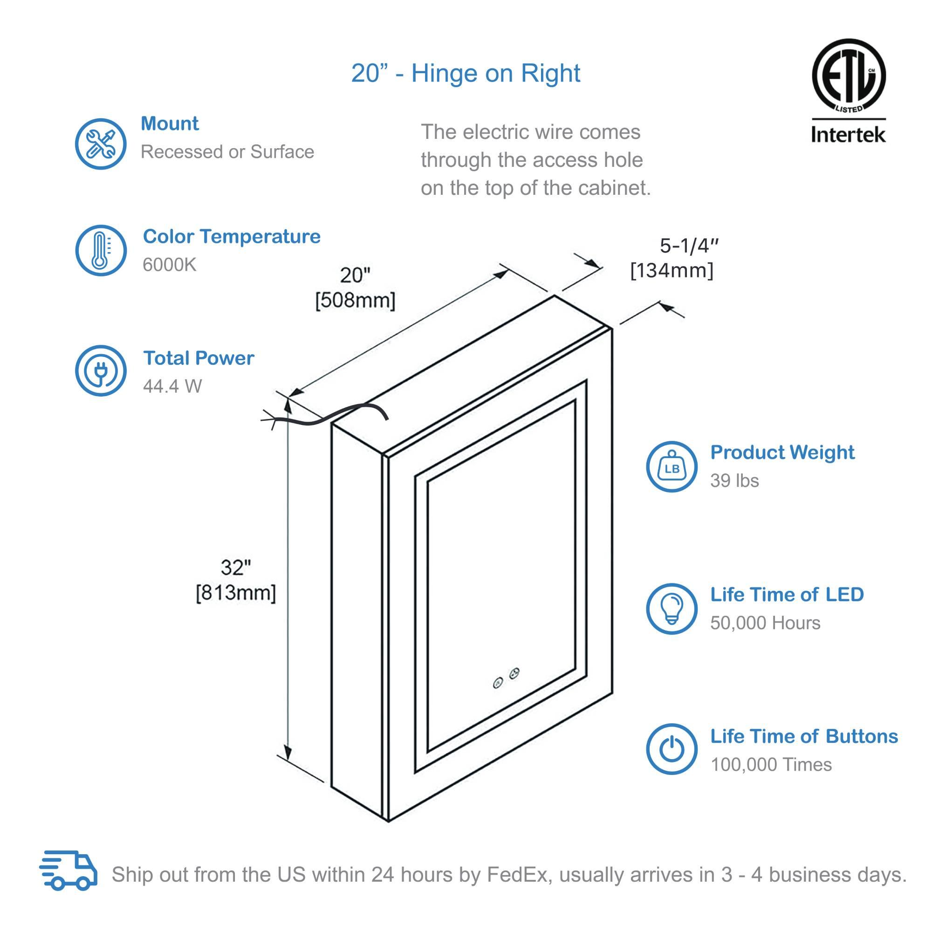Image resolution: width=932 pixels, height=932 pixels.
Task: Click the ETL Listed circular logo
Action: (x=848, y=76)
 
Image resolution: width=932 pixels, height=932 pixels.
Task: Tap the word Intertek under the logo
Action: (x=848, y=134)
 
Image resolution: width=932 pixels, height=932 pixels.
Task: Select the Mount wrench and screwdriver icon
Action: (x=100, y=144)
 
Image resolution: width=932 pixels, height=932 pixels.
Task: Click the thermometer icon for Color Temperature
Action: (x=100, y=250)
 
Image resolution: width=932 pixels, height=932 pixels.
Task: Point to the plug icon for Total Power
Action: (x=100, y=370)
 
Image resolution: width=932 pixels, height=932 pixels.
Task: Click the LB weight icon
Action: (x=672, y=466)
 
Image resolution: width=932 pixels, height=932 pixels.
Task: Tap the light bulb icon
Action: (x=672, y=609)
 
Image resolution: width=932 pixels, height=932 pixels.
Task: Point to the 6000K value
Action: (x=169, y=265)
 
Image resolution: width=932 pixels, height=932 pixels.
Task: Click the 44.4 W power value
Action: (x=172, y=386)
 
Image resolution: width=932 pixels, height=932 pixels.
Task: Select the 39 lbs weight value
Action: (x=734, y=480)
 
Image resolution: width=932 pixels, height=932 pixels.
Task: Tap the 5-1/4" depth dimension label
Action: (x=689, y=246)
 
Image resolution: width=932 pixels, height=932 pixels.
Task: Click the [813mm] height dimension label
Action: (x=235, y=592)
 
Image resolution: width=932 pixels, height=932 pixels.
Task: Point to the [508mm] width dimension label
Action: (x=355, y=301)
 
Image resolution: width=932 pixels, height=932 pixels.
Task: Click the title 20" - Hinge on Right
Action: (x=466, y=73)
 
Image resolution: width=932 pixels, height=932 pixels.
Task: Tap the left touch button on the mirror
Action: (x=498, y=682)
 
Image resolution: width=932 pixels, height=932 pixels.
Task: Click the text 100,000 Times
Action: (x=771, y=765)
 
